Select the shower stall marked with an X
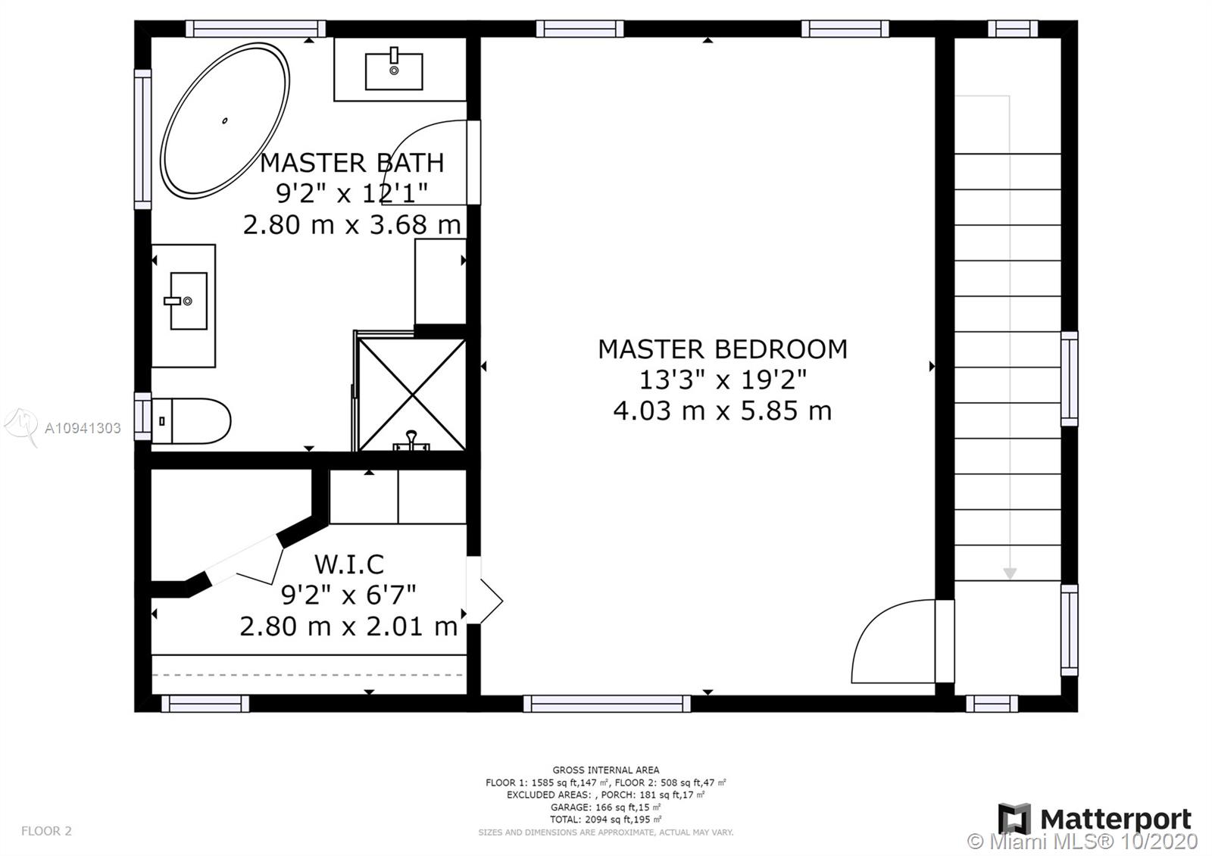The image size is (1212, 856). [412, 395]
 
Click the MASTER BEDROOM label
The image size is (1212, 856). [723, 349]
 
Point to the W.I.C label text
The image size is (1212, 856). [349, 564]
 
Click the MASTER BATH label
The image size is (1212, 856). [352, 162]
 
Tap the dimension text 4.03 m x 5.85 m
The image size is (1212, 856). [723, 411]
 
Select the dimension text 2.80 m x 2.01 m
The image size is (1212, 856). [349, 626]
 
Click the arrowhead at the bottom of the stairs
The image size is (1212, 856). [1010, 573]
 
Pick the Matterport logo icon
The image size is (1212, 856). [1014, 819]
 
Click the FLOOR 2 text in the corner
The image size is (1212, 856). [46, 830]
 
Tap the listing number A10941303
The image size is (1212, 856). [83, 428]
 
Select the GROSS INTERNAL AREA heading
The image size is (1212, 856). [605, 770]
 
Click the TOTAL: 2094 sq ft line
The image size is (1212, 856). [605, 819]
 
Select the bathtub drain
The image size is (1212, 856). [224, 120]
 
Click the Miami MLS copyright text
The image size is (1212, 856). [1082, 842]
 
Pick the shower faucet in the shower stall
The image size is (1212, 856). [411, 441]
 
